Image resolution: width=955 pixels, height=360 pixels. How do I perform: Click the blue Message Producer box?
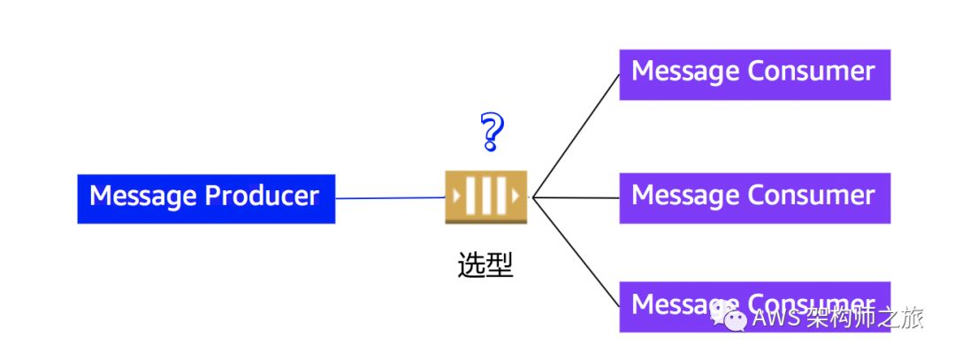click(206, 198)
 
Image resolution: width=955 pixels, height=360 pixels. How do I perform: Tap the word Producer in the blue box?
click(262, 195)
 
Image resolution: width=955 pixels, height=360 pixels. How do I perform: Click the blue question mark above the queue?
click(492, 132)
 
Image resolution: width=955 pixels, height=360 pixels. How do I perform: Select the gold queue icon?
click(485, 196)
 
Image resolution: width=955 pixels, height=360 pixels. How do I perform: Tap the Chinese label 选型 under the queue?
click(485, 264)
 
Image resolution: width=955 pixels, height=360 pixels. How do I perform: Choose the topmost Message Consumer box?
click(754, 74)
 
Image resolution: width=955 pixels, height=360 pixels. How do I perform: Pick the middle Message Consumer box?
click(754, 197)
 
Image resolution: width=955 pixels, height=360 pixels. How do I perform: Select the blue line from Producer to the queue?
click(389, 198)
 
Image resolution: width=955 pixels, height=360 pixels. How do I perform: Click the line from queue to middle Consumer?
click(575, 197)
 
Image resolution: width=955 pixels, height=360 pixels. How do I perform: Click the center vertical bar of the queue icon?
click(485, 195)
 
